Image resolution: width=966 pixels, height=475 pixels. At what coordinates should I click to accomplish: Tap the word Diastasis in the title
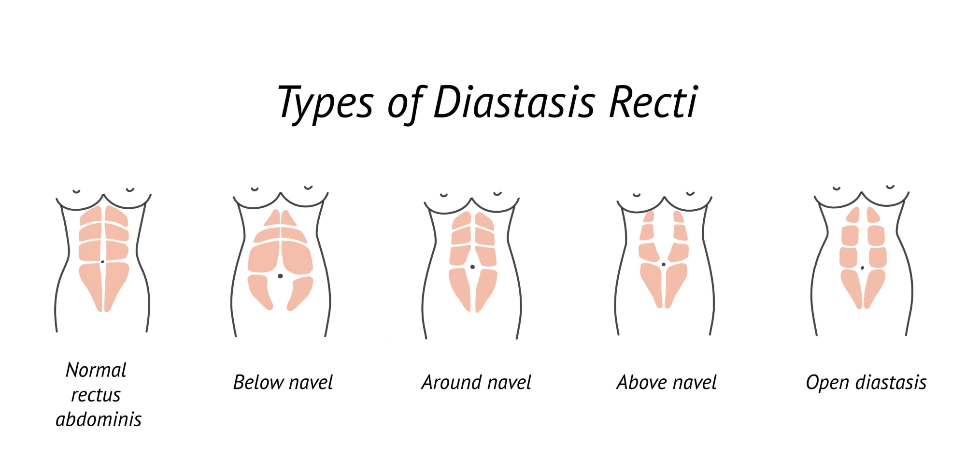click(x=514, y=102)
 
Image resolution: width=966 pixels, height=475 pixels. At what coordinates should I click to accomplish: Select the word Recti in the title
click(x=653, y=102)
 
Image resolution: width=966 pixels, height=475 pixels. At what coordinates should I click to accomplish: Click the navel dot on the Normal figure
click(x=102, y=261)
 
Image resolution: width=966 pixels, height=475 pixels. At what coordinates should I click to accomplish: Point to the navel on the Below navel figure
click(x=280, y=276)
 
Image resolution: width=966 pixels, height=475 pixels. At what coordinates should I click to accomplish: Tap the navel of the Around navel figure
click(x=472, y=267)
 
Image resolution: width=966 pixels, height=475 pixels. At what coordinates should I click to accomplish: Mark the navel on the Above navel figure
click(x=664, y=264)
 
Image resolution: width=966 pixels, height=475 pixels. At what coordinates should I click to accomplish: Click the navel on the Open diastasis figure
click(x=862, y=268)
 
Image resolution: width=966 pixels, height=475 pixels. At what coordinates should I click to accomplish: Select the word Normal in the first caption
click(x=96, y=370)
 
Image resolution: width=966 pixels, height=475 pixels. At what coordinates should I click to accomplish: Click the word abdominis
click(x=99, y=419)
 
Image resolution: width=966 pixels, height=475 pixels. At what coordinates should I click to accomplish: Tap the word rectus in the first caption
click(x=96, y=395)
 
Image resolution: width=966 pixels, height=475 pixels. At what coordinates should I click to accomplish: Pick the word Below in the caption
click(x=258, y=382)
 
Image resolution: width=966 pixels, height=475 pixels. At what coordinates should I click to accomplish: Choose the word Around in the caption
click(x=452, y=382)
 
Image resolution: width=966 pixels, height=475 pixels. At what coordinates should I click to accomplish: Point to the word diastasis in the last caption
click(x=891, y=382)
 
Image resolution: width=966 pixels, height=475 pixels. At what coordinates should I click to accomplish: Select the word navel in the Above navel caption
click(x=695, y=383)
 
